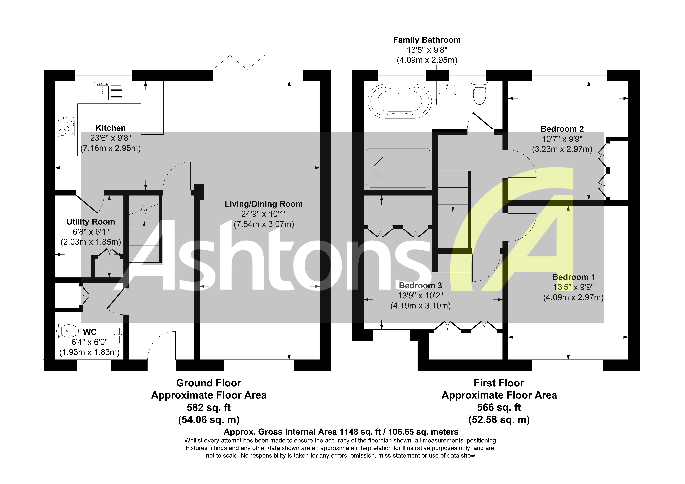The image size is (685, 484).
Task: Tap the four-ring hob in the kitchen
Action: tap(66, 127)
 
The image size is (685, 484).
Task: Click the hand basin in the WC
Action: tap(116, 335)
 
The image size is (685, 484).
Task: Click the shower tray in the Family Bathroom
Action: tap(398, 168)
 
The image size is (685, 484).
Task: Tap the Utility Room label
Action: tap(91, 222)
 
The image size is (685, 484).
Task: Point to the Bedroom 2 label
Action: tap(562, 129)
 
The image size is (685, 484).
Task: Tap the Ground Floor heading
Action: tap(209, 383)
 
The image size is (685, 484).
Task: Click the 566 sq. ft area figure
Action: tap(499, 407)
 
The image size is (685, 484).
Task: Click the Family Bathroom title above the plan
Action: tap(427, 40)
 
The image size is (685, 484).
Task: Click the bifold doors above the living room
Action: tap(239, 63)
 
